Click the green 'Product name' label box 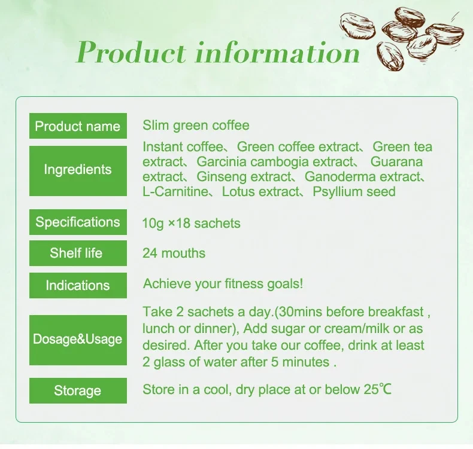coord(78,126)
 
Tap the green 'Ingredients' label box coord(78,170)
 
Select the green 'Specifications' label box coord(78,222)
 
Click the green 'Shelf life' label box coord(78,253)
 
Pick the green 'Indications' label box coord(78,285)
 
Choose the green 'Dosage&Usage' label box coord(78,340)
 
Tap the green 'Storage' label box coord(78,391)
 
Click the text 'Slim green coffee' coord(196,126)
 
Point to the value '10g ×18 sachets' coord(191,224)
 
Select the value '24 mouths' coord(174,253)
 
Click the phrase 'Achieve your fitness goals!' coord(223,284)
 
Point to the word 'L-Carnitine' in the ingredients coord(174,192)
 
